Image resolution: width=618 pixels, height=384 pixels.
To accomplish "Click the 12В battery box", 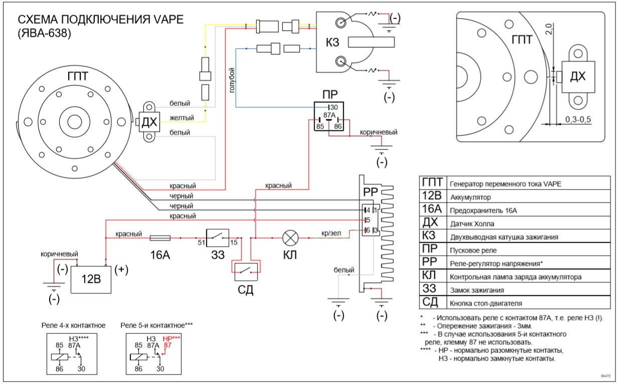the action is [x=91, y=279].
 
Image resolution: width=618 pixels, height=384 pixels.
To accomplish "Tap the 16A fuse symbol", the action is [x=160, y=238].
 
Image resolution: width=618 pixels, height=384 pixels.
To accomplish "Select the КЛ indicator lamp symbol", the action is [x=290, y=238].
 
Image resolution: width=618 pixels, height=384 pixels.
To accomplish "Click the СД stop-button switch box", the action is [x=246, y=272].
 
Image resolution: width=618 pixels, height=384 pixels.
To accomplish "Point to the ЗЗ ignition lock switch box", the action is [x=218, y=238].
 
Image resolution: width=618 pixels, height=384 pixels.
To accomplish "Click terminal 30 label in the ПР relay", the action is [x=334, y=107].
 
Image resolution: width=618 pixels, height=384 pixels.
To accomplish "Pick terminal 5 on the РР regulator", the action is [x=368, y=220].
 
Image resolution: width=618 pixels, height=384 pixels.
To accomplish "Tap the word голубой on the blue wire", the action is [x=232, y=80].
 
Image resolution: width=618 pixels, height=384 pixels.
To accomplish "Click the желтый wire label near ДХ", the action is [x=181, y=118].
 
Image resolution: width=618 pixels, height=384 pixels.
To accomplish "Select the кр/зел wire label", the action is [x=331, y=233].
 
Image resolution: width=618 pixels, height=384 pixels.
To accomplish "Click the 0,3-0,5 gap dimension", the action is [x=578, y=119].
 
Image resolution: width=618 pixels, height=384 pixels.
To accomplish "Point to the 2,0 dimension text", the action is [x=549, y=29].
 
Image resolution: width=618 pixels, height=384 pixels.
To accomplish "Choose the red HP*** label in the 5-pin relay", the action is [x=171, y=338].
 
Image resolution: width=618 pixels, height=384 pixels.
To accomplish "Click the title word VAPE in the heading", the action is [x=168, y=20].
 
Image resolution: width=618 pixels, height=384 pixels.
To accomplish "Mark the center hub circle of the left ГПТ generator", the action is [x=75, y=122].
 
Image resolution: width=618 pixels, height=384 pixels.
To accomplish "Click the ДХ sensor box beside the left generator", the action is [x=149, y=122].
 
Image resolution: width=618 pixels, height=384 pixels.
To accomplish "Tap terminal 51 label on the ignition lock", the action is [x=201, y=243].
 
